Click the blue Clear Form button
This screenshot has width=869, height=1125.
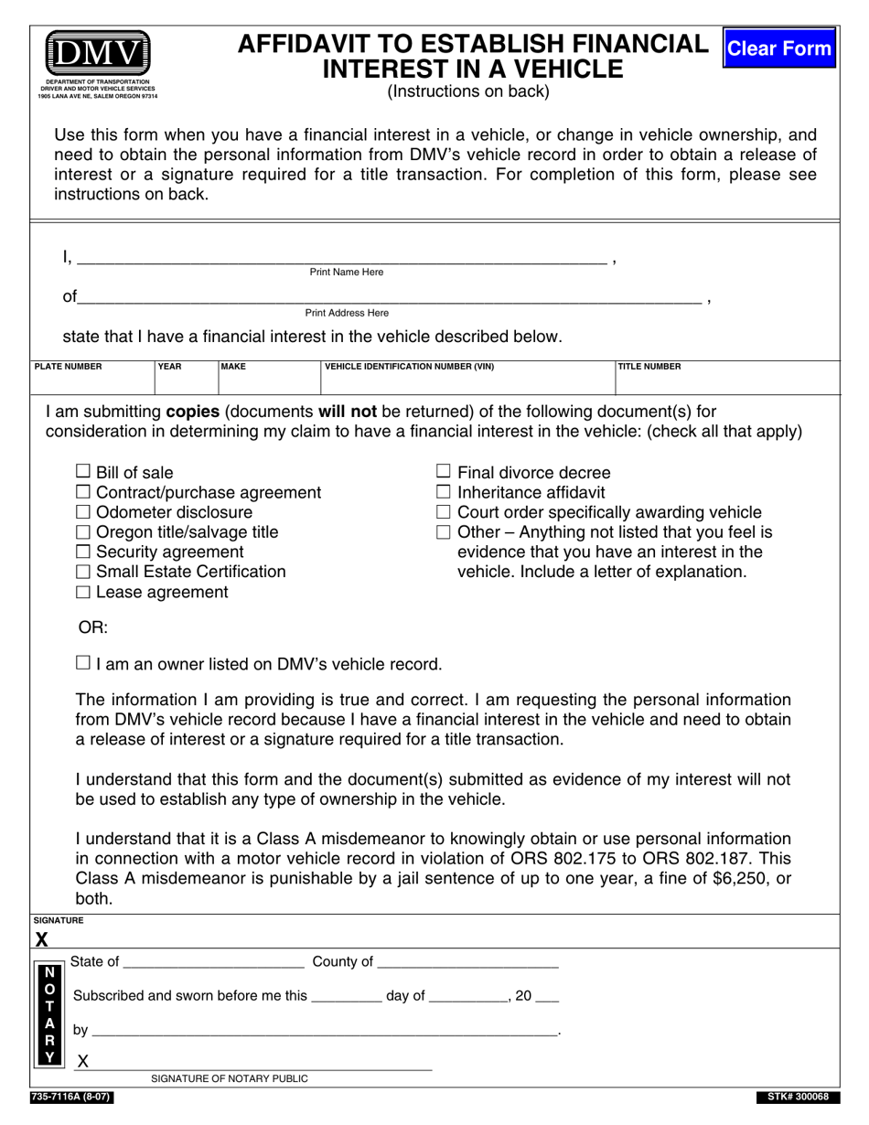[x=779, y=48]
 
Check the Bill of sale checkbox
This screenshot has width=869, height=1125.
[x=83, y=472]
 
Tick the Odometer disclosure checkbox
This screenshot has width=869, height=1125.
[x=83, y=512]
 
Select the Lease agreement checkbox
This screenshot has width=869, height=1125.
[x=83, y=592]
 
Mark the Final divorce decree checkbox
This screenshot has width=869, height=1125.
[x=444, y=472]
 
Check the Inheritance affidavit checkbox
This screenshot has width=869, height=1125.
[x=444, y=492]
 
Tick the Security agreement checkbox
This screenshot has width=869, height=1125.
[x=83, y=552]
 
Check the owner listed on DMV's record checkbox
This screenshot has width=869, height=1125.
[x=83, y=663]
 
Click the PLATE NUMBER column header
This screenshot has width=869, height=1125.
[x=69, y=367]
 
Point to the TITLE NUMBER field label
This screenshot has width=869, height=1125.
[x=649, y=367]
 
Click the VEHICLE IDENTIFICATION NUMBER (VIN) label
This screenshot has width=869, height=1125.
[x=410, y=367]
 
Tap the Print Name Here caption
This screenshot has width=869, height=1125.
[x=347, y=273]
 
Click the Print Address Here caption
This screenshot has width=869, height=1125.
[x=347, y=313]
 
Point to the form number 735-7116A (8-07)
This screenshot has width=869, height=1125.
[x=72, y=1097]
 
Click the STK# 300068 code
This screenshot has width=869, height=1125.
[x=794, y=1097]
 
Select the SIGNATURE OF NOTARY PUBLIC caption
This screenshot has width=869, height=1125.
[x=230, y=1078]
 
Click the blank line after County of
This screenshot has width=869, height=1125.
[x=467, y=962]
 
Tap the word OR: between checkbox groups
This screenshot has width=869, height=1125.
[x=93, y=628]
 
